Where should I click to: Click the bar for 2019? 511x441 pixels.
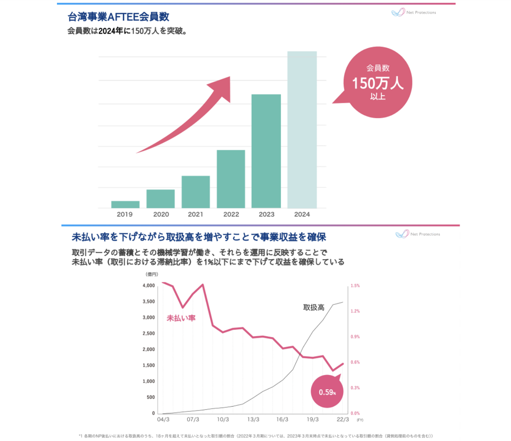pos(125,205)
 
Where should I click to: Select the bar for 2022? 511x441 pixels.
pos(231,179)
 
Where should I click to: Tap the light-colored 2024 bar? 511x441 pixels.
pos(302,130)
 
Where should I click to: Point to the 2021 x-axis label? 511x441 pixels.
pos(196,214)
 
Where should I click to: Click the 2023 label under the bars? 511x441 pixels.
pos(267,214)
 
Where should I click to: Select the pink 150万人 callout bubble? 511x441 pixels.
pos(378,82)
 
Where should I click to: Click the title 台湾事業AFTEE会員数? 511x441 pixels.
pos(118,17)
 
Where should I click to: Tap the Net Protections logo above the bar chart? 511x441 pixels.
pos(413,12)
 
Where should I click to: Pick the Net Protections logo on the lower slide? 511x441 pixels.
pos(418,234)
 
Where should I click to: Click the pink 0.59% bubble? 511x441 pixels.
pos(327,392)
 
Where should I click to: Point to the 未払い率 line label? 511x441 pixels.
pos(181,318)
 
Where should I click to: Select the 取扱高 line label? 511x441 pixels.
pos(314,307)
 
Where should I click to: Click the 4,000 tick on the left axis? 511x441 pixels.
pos(149,285)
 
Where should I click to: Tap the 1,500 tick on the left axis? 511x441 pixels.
pos(149,365)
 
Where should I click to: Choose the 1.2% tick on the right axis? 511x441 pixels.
pos(355,311)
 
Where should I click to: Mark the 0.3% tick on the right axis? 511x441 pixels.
pos(355,388)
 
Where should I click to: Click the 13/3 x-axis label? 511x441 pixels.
pos(253,419)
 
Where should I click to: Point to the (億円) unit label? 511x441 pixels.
pos(152,274)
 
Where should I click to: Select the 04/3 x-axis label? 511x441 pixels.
pos(163,419)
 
